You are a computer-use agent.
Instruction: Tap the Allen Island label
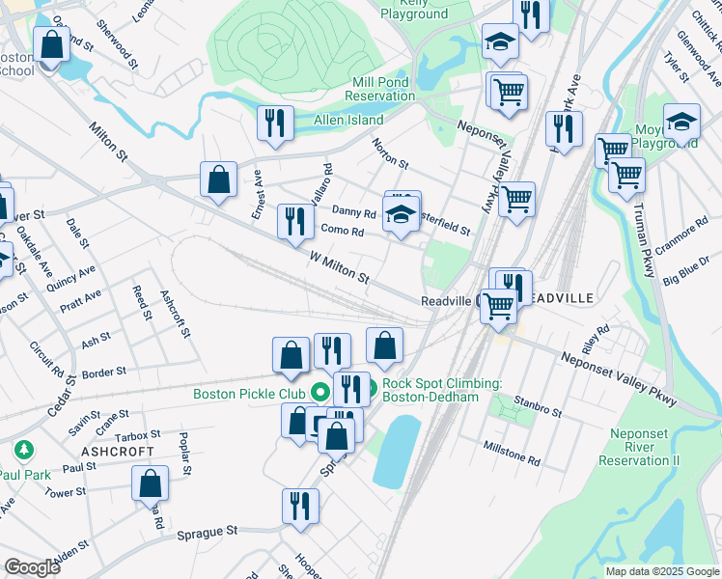[x=347, y=120]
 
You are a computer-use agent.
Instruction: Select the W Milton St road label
[x=339, y=268]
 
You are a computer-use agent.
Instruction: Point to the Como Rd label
[x=342, y=232]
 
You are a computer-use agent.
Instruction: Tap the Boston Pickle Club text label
[x=249, y=394]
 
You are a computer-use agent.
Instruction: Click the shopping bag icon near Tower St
[x=151, y=482]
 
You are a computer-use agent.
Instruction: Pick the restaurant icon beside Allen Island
[x=275, y=124]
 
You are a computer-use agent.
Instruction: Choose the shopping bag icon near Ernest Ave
[x=219, y=179]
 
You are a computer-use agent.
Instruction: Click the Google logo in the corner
[x=32, y=567]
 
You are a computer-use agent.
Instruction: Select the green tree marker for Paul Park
[x=22, y=450]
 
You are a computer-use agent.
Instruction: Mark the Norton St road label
[x=391, y=152]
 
